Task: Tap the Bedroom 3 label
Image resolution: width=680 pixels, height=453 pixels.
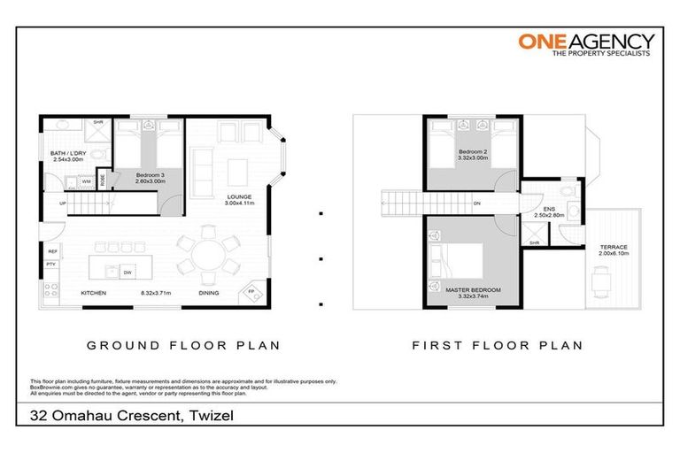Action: point(148,176)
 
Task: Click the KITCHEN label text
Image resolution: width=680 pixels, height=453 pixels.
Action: point(95,293)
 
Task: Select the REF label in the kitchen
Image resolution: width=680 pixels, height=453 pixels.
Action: point(53,252)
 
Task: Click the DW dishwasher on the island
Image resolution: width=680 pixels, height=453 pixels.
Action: point(127,272)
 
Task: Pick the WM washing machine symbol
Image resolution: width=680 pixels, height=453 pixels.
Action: point(86,181)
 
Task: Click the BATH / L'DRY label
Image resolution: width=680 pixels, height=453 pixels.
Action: point(67,157)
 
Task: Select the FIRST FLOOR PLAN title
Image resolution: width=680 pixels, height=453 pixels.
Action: point(498,346)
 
